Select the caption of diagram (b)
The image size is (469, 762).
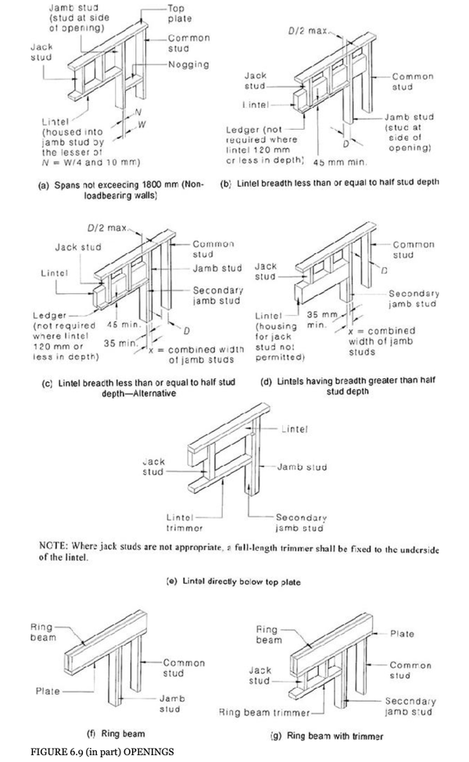click(x=329, y=182)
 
